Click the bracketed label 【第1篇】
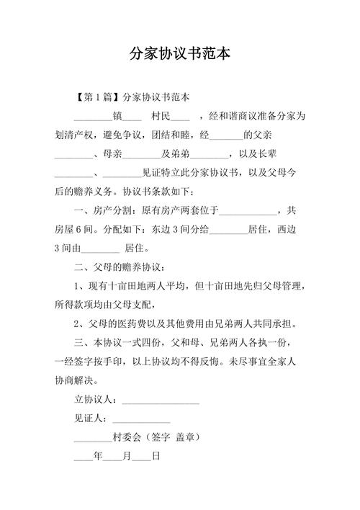tap(97, 96)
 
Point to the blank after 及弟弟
tap(210, 154)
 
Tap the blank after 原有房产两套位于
tap(247, 212)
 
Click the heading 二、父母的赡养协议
tap(120, 269)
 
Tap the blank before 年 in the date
tap(83, 457)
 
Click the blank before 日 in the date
tap(141, 457)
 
